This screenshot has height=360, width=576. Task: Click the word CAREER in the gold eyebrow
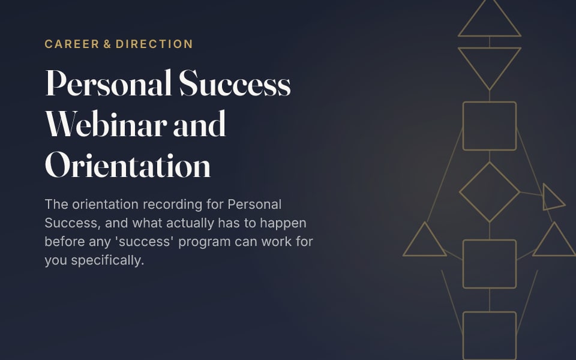[x=72, y=44]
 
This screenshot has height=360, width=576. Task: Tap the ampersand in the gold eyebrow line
[x=107, y=44]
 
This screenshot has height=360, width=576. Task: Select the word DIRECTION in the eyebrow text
[x=154, y=44]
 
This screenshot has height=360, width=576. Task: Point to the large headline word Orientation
[x=128, y=166]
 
